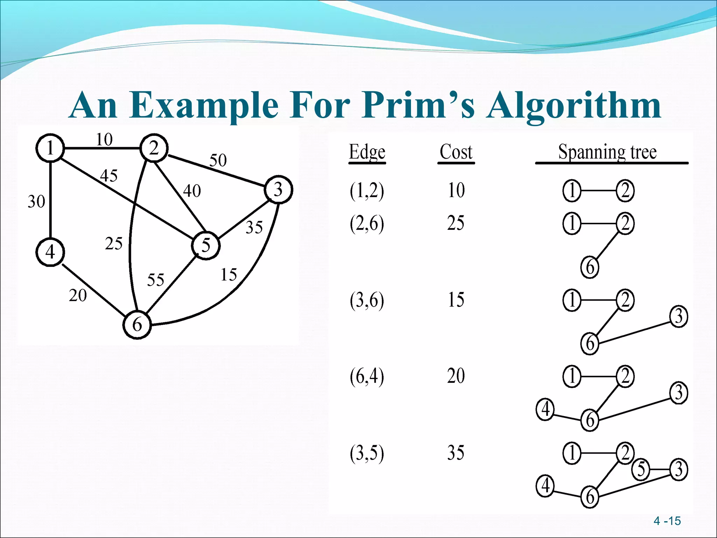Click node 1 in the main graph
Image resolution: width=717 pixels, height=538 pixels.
pos(50,148)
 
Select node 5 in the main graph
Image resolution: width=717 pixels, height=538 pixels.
pos(206,245)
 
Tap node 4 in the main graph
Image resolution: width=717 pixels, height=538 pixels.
pos(50,252)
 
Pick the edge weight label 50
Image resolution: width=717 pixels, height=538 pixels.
pos(218,160)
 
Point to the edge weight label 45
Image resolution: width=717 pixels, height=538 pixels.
pos(109,175)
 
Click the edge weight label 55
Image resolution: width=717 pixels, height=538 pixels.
pos(155,280)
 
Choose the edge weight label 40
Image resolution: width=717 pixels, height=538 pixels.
pos(192,191)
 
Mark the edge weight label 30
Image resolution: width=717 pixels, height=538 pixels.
pos(36,201)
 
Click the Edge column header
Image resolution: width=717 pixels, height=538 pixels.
pos(367,153)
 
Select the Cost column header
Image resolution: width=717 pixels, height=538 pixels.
pos(456,152)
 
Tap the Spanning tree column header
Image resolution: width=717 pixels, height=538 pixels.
pos(607,152)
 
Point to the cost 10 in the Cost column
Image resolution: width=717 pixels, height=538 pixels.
pos(456,191)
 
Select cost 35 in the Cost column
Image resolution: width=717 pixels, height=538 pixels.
pos(456,453)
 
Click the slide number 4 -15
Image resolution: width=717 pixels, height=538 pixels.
pos(667,521)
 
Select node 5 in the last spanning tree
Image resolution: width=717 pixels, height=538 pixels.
pos(641,469)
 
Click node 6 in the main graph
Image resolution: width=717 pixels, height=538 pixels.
pos(137,325)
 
